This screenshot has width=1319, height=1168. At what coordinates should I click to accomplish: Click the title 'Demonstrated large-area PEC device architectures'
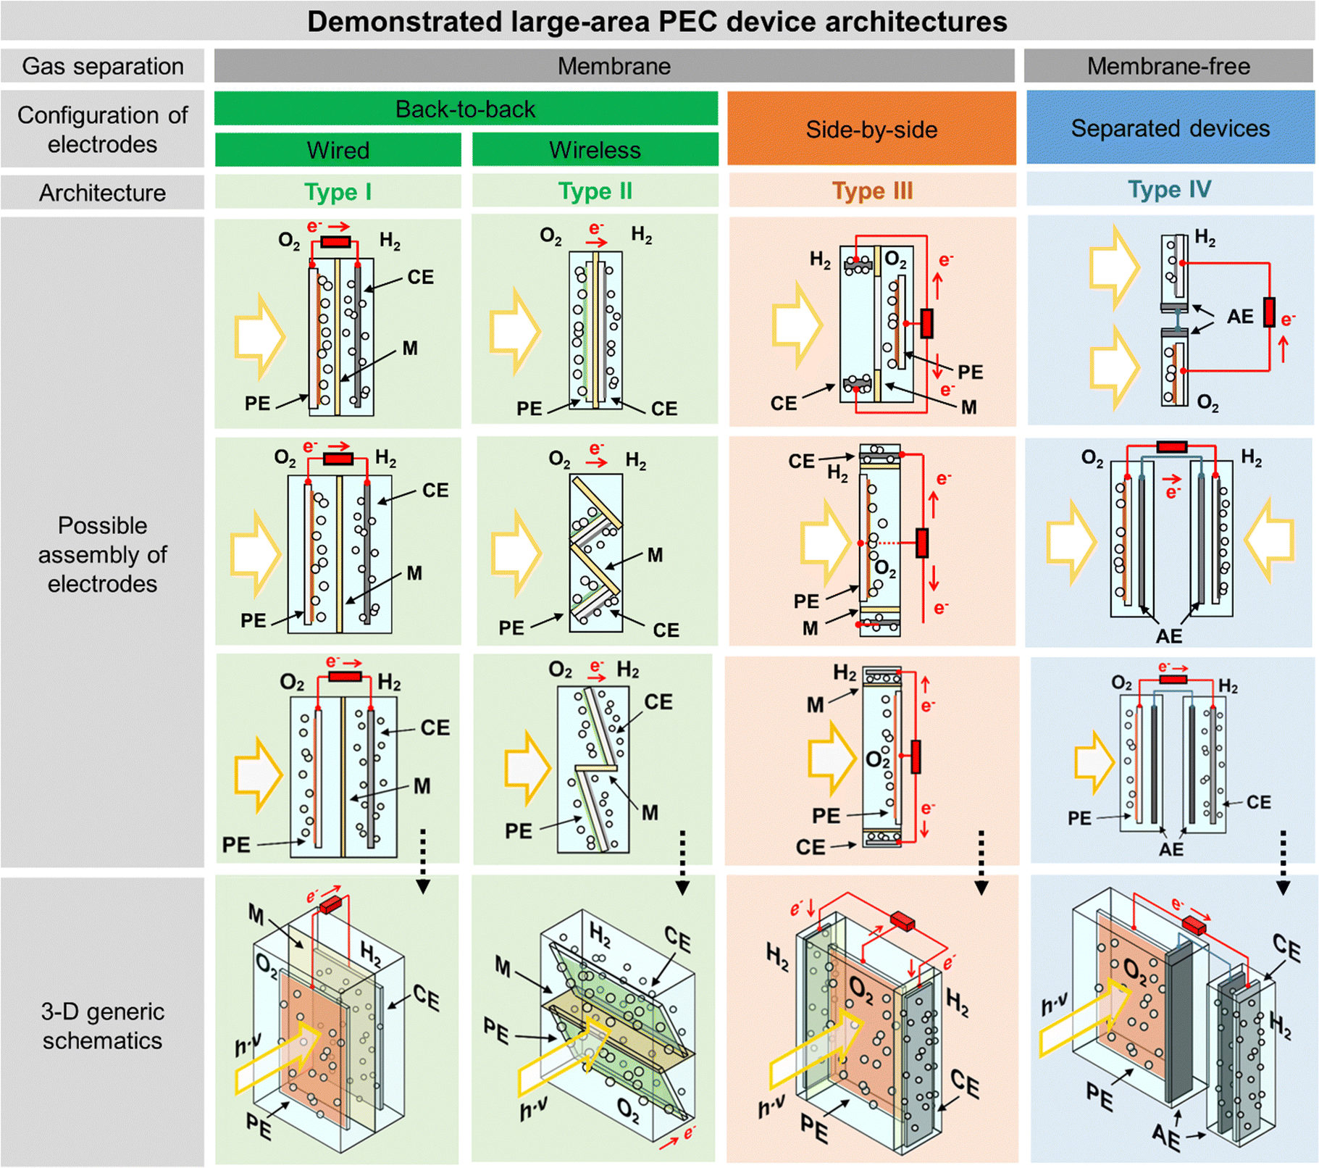pos(657,21)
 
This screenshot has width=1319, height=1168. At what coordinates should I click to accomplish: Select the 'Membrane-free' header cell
pos(1168,66)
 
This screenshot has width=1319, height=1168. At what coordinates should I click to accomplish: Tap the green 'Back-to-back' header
pos(465,109)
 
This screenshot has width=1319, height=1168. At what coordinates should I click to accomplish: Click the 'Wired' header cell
pos(338,150)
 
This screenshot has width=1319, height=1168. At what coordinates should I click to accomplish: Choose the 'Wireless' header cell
pos(595,150)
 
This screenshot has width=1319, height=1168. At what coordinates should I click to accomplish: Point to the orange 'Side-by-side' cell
pos(871,129)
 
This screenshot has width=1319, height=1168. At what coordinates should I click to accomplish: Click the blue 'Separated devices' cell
pos(1170,128)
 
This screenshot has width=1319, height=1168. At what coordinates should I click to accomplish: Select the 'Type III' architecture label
pos(872,191)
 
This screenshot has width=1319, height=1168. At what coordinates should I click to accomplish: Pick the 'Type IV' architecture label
pos(1169,190)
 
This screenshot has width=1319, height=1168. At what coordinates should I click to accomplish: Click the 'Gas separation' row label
pos(102,66)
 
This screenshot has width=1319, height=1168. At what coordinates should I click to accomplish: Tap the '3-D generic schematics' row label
pos(102,1025)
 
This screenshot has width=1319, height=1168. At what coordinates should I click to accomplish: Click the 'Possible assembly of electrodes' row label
pos(102,554)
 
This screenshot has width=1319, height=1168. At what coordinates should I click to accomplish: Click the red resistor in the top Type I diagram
pos(335,241)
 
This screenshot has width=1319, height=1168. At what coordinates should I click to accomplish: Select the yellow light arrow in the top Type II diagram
pos(514,331)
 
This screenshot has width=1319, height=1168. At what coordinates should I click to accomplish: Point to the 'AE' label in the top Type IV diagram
pos(1239,317)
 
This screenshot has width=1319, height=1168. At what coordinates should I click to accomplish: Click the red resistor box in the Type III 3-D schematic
pos(902,922)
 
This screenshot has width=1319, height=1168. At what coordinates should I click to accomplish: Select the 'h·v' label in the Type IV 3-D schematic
pos(1054,1004)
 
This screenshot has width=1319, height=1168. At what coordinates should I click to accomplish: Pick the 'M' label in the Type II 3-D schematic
pos(503,966)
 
